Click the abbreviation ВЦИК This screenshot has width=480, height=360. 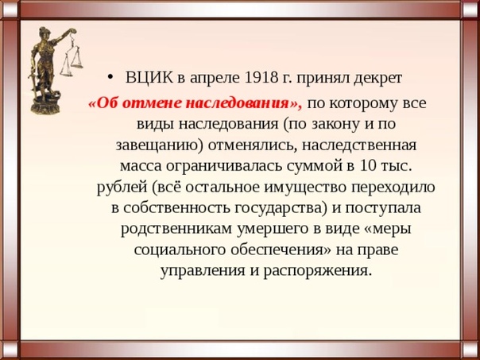point(149,78)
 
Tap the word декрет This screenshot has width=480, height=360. point(378,79)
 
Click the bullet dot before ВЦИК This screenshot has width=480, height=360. point(110,78)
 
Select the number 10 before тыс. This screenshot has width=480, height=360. point(367,166)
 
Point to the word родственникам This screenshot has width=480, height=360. point(176,230)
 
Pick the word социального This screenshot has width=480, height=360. point(180,250)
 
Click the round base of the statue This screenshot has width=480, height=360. point(46,106)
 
